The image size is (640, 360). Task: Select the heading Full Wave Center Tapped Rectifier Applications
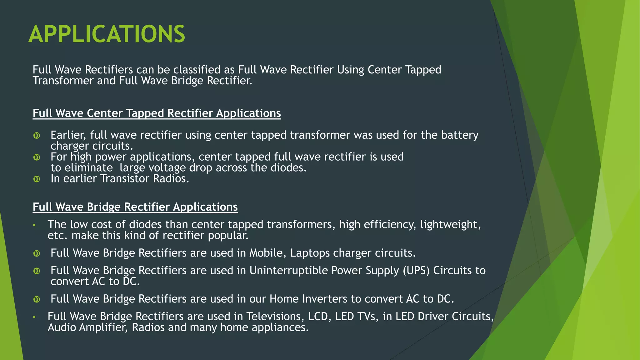coord(157,113)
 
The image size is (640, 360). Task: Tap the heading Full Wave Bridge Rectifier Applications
coord(135,207)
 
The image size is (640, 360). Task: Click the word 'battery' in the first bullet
coord(459,135)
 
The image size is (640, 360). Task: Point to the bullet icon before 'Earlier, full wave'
coord(37,136)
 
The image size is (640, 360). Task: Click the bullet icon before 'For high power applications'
coord(37,157)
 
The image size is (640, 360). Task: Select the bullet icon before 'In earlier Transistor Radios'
coord(37,179)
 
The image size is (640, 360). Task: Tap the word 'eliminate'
coord(88,168)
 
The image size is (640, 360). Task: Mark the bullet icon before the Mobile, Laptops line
coord(37,253)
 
